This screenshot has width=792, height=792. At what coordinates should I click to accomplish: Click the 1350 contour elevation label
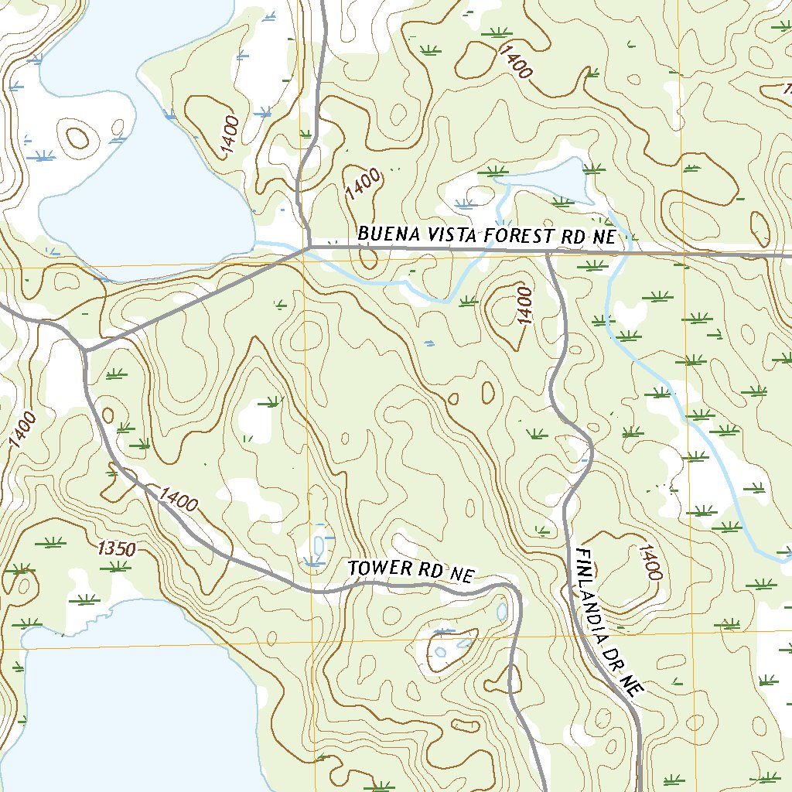[117, 549]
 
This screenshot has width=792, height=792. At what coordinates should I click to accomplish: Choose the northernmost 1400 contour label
[516, 62]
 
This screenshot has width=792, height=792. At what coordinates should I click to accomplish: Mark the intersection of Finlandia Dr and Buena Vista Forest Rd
[547, 252]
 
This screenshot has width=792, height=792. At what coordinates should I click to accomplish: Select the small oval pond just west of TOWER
[318, 543]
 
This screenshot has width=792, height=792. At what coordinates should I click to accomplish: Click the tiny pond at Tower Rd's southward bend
[502, 612]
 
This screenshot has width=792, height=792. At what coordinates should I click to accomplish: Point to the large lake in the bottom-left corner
[131, 704]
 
